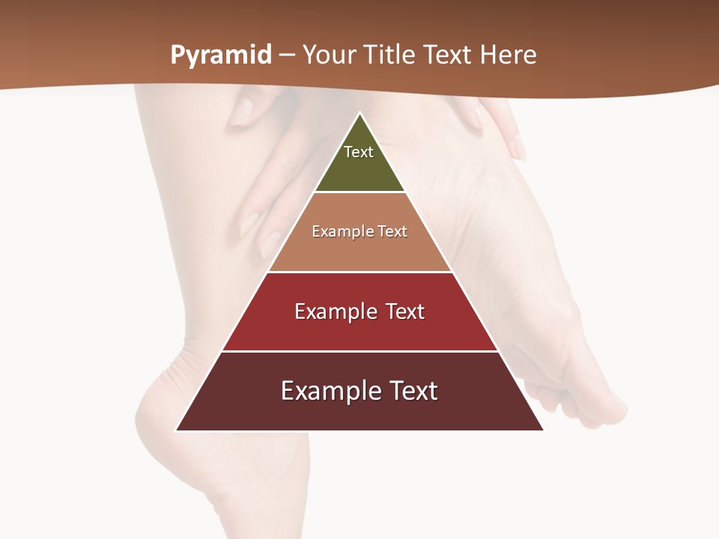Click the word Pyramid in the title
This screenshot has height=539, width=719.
221,55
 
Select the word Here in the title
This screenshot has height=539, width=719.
508,55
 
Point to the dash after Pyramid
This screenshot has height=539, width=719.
287,55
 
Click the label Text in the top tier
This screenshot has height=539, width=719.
359,152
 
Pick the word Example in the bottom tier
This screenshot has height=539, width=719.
327,391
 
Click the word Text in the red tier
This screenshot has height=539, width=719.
405,311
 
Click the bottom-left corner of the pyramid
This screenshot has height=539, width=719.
177,430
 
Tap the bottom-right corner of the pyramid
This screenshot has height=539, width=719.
542,430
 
